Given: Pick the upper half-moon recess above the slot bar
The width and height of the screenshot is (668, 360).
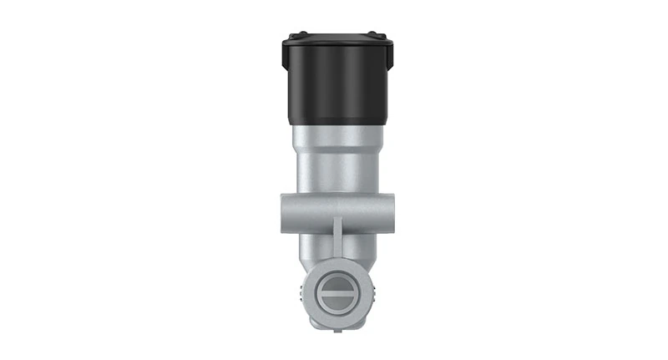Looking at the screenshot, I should [337, 281].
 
